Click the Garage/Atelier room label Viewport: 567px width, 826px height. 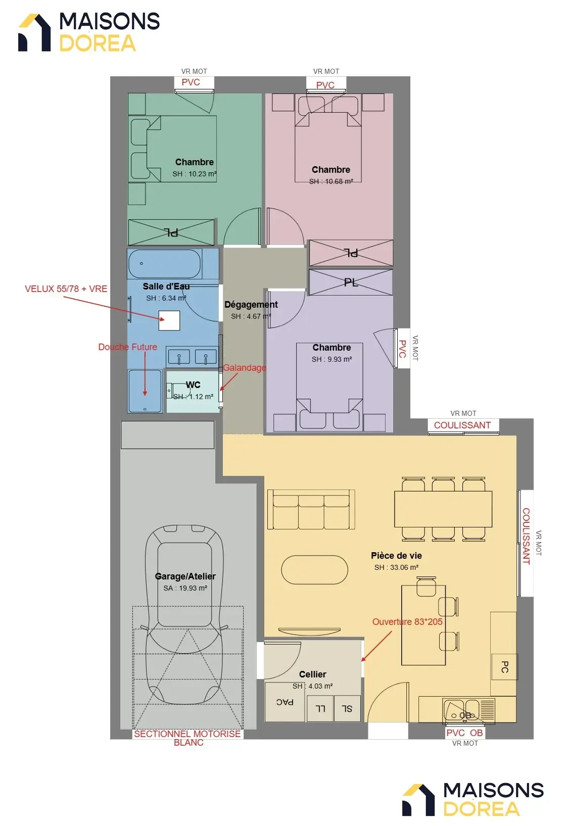click(185, 576)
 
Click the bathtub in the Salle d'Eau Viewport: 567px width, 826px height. click(165, 264)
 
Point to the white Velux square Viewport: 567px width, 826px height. click(169, 320)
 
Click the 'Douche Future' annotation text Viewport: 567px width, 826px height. click(128, 347)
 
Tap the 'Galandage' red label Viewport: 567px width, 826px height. click(244, 368)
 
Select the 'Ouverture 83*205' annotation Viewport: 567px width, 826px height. click(407, 622)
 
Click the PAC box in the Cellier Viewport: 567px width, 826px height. click(285, 702)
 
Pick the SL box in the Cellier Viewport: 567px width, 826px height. click(347, 708)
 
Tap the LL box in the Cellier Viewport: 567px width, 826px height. click(320, 708)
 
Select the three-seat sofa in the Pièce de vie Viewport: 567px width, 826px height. click(311, 510)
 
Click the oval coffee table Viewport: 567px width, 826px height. click(315, 570)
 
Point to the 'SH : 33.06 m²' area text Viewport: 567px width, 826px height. click(396, 567)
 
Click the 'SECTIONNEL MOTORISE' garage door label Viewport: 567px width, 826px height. click(187, 734)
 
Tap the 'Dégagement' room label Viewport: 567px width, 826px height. click(251, 305)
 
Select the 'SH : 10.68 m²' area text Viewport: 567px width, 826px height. click(331, 181)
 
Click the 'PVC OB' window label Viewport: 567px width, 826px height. click(464, 733)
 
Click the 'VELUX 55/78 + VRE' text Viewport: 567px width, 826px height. click(66, 289)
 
